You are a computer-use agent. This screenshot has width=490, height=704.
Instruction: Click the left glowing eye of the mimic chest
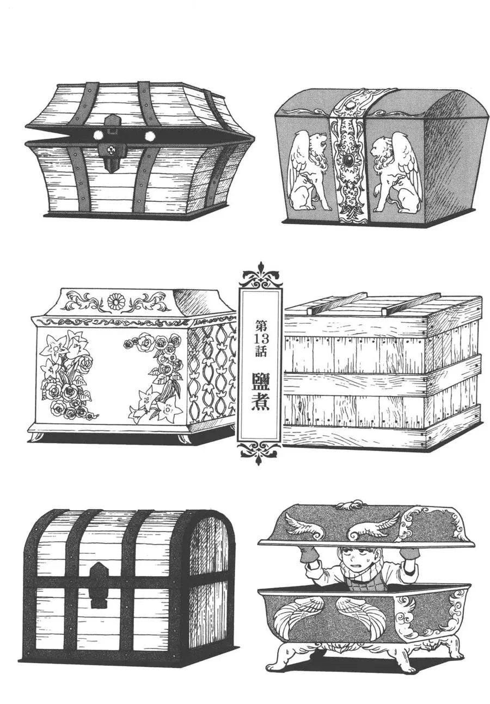pos(98,135)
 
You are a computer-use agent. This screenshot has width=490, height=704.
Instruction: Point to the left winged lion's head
pos(317,141)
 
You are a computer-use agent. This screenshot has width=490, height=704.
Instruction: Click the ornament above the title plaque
pos(260,274)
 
